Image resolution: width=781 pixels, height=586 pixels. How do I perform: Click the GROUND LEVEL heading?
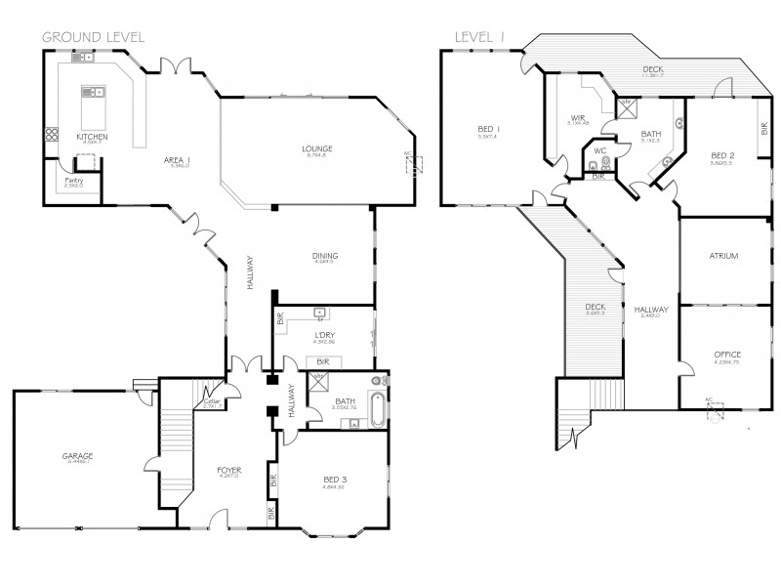pyautogui.click(x=93, y=36)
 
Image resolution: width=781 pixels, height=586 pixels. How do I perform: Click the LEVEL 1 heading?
pyautogui.click(x=477, y=36)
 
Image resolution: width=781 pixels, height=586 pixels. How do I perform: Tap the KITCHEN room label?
pyautogui.click(x=92, y=137)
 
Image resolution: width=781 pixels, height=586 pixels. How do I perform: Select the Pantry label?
pyautogui.click(x=72, y=180)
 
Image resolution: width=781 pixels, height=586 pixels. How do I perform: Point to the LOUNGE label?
pyautogui.click(x=318, y=148)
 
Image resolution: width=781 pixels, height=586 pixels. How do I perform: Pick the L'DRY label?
pyautogui.click(x=324, y=336)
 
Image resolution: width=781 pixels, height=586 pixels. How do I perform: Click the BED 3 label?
pyautogui.click(x=335, y=478)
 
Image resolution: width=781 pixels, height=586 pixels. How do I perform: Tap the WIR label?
pyautogui.click(x=577, y=118)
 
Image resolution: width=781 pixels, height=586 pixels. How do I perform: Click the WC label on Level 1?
pyautogui.click(x=599, y=151)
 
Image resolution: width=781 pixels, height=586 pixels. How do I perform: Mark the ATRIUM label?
pyautogui.click(x=723, y=256)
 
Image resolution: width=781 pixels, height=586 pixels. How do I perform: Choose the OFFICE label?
pyautogui.click(x=726, y=355)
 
